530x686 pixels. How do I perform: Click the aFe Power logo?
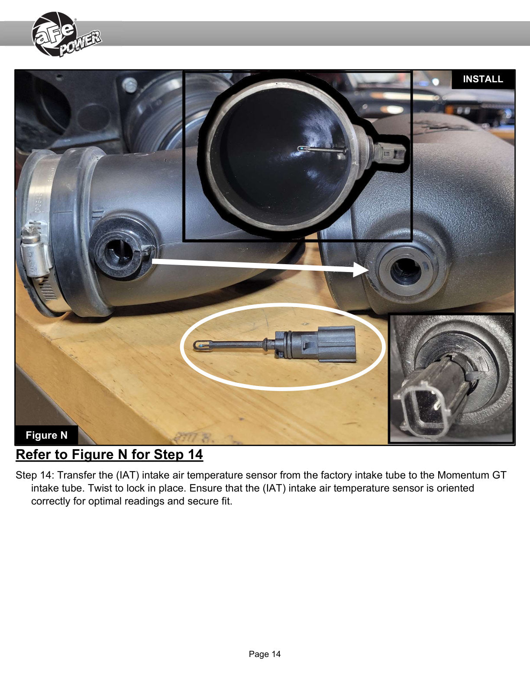[x=66, y=34]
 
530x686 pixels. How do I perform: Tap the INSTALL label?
[x=483, y=79]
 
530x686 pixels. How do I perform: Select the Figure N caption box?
[x=46, y=435]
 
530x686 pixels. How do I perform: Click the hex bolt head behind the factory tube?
[x=130, y=85]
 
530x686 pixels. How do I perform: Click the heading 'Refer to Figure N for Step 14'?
[x=109, y=455]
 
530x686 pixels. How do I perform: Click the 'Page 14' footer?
[x=265, y=654]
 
